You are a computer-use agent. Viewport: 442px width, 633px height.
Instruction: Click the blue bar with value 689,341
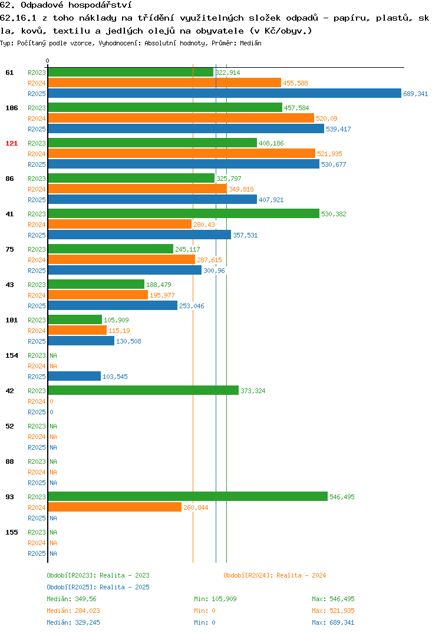coord(225,93)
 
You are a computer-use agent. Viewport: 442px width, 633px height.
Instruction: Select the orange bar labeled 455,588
coord(164,83)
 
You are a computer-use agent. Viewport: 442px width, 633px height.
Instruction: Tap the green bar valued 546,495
coord(188,496)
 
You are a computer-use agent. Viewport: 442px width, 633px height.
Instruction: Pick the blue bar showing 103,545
coord(75,376)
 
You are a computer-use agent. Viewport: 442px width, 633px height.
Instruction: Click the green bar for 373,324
coord(144,390)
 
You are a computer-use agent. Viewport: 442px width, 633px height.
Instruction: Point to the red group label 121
coord(12,143)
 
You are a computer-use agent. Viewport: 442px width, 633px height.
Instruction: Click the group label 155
coord(12,532)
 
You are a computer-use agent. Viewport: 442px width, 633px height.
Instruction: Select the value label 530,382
coord(334,214)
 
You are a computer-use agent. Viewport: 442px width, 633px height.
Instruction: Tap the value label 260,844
coord(196,507)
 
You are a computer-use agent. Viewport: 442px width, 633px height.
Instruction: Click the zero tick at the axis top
coord(48,61)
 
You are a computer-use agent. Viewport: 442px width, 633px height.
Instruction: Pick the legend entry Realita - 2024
coord(275,575)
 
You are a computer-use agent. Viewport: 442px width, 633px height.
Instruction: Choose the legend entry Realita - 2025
coord(98,587)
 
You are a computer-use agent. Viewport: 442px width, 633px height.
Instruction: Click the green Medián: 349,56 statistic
coord(71,599)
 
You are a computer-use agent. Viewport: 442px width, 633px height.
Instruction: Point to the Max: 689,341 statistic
coord(333,622)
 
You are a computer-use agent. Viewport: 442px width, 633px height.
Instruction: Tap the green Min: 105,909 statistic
coord(215,599)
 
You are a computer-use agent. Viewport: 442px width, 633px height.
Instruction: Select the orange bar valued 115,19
coord(78,330)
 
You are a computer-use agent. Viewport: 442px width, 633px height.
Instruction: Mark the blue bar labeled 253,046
coord(113,306)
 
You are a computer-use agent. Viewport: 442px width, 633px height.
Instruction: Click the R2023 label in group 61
coord(37,72)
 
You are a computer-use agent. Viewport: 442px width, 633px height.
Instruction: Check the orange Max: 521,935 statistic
coord(333,611)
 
